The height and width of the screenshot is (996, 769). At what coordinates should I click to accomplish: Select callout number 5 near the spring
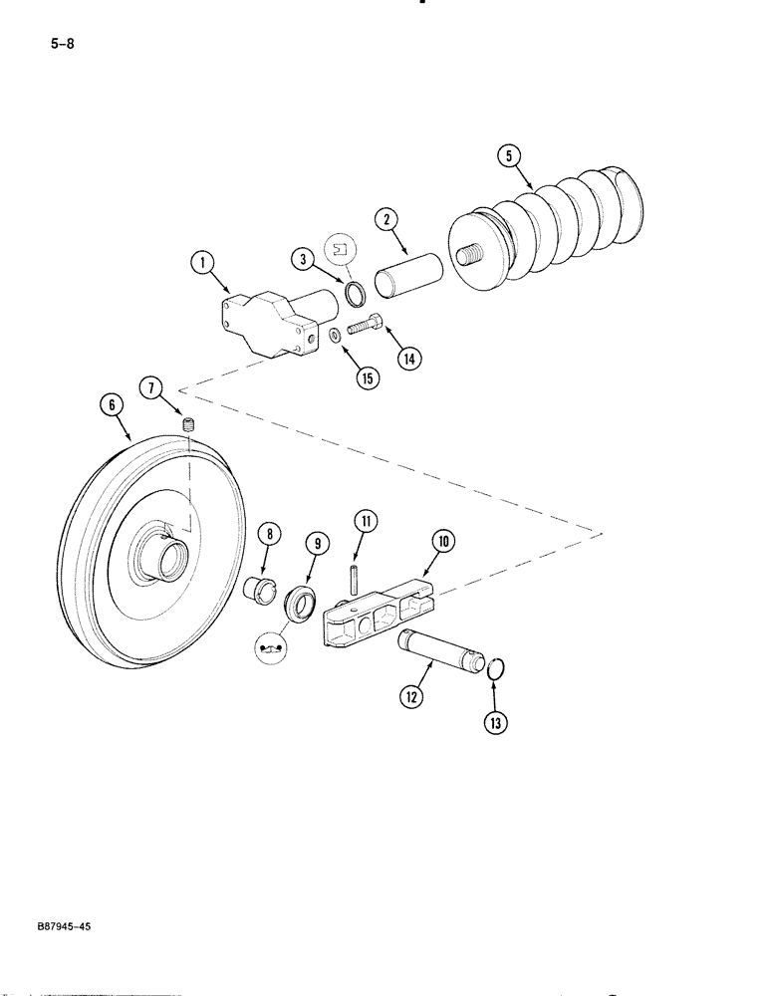tap(510, 155)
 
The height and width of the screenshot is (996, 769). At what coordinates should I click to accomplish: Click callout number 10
tap(443, 541)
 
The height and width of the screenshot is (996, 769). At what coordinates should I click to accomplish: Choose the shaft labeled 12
tap(441, 654)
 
